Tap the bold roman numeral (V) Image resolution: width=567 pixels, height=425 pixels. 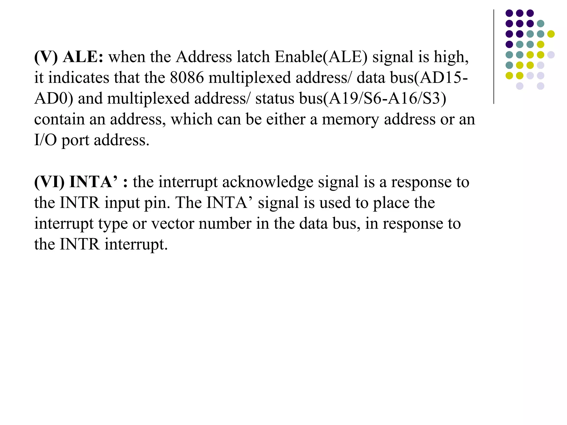click(46, 57)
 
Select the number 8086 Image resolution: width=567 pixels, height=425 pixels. click(187, 77)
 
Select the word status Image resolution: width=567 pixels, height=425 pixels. click(275, 99)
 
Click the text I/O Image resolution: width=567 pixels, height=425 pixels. click(45, 140)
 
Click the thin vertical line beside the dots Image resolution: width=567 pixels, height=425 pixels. click(494, 57)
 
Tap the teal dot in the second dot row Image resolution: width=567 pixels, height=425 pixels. click(540, 24)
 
